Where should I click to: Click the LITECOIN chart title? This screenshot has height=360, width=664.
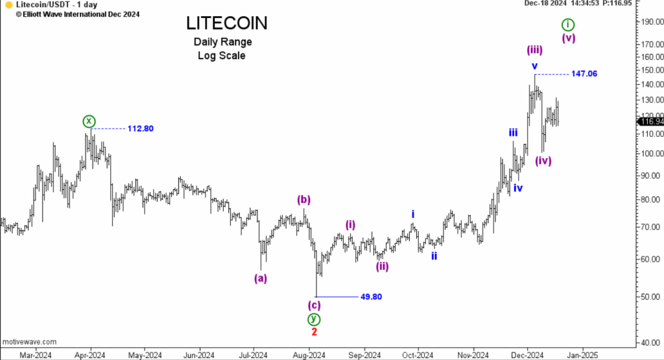226,23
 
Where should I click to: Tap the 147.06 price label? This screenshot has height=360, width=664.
584,74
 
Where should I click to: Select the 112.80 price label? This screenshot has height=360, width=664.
140,128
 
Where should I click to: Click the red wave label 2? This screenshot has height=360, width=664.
314,331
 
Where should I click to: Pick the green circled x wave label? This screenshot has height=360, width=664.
89,121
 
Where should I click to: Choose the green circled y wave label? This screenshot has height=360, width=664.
314,318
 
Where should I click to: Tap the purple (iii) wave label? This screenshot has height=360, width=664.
534,50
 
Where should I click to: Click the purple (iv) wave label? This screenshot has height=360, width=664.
543,161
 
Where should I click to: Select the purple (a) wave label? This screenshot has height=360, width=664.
260,278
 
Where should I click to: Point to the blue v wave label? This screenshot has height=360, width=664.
534,66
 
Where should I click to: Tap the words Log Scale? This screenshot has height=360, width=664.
222,56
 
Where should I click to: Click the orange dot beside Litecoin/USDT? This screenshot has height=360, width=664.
8,5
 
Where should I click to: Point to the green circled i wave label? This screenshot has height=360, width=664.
568,25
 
